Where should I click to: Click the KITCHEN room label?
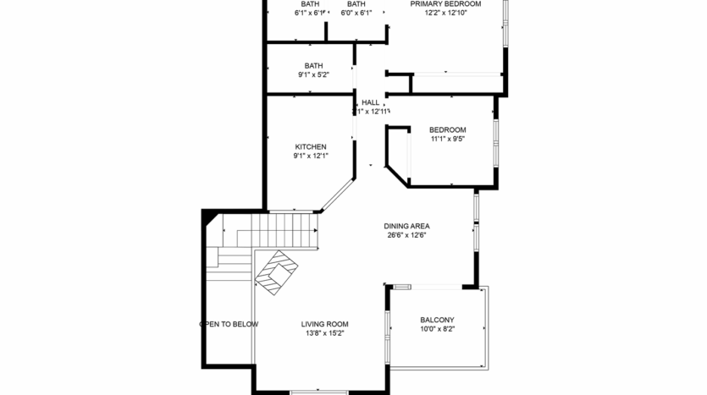[310, 146]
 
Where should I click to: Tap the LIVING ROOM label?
[325, 324]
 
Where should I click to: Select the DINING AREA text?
[407, 226]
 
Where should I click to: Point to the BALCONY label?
[437, 320]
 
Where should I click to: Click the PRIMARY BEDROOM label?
[445, 4]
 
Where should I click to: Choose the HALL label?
[371, 102]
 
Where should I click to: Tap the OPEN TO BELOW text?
[229, 324]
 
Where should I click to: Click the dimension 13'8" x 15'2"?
[325, 333]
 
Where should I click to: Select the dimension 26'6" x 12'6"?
[406, 235]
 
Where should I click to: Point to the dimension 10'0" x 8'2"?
[437, 329]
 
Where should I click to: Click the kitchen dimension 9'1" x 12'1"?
[310, 156]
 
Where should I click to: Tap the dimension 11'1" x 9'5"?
[448, 139]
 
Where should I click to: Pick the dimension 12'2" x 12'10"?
[445, 14]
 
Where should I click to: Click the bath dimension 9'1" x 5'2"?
[313, 75]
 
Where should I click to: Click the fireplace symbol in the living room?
[277, 272]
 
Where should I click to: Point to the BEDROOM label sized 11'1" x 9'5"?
[448, 129]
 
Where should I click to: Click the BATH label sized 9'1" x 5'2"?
[313, 66]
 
